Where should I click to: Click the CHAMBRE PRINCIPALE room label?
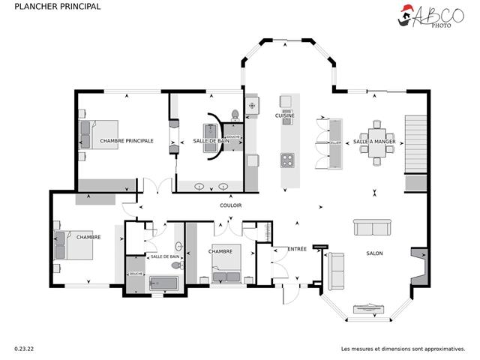click(127, 140)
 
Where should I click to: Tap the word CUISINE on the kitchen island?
click(285, 115)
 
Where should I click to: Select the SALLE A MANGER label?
click(374, 141)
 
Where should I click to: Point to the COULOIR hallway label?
click(230, 205)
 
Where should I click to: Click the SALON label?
click(374, 253)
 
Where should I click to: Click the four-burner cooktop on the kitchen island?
click(286, 159)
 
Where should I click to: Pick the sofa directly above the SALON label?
click(373, 228)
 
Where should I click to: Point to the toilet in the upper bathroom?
click(235, 115)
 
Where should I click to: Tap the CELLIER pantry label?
click(335, 141)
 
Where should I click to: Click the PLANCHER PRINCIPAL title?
click(46, 7)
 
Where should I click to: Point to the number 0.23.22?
click(24, 349)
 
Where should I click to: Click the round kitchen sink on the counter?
click(252, 106)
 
